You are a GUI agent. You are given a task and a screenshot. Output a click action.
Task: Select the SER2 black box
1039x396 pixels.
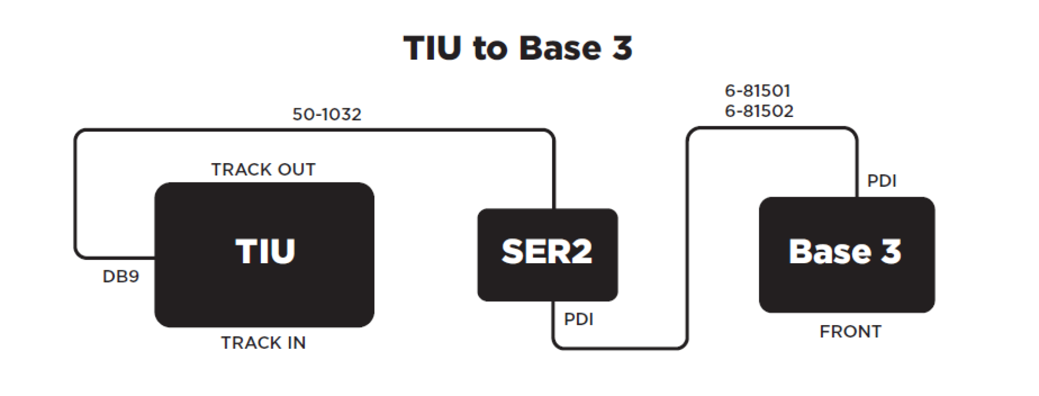[x=547, y=282]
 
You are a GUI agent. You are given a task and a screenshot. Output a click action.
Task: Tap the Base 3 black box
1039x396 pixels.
[x=846, y=287]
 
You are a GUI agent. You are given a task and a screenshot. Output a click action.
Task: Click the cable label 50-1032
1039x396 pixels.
[x=327, y=114]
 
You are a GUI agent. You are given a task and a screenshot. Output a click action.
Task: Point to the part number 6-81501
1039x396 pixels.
[x=758, y=90]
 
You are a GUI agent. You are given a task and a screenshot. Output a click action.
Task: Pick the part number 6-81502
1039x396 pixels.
[x=759, y=111]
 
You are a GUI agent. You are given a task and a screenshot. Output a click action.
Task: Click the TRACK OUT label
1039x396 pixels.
[x=263, y=170]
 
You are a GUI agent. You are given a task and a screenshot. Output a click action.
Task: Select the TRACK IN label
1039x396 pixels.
[x=263, y=343]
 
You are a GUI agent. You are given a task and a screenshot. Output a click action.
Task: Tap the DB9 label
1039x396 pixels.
[x=121, y=277]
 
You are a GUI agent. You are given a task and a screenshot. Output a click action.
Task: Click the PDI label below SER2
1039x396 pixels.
[x=578, y=319]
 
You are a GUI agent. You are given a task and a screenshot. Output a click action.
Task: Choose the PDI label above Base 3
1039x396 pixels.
[x=882, y=181]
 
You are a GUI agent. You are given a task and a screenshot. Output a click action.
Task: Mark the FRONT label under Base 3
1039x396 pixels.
[x=850, y=332]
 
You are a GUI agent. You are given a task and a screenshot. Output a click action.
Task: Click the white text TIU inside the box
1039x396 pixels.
[x=265, y=252]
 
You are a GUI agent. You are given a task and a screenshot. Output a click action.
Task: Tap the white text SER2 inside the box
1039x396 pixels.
[x=547, y=252]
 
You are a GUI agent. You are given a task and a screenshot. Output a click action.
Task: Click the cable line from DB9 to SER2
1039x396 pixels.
[x=314, y=130]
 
